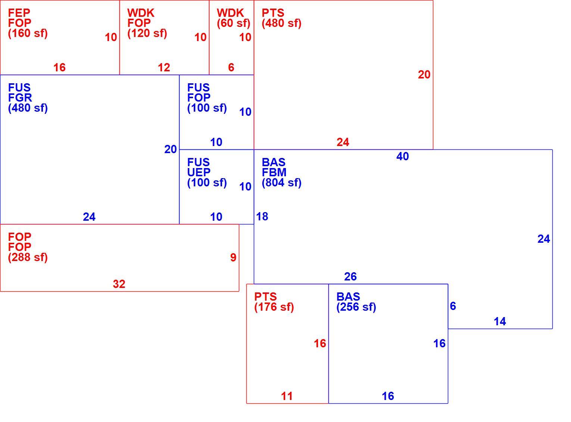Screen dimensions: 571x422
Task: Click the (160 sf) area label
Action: point(28,33)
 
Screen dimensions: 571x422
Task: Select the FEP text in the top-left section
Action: point(19,13)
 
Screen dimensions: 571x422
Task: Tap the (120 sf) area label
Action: point(147,33)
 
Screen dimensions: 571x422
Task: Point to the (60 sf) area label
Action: point(234,23)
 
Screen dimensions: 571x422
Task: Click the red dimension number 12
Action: point(164,68)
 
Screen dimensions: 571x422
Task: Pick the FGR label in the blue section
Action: point(20,97)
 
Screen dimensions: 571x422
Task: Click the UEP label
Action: point(199,173)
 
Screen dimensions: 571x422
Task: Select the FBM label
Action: point(274,173)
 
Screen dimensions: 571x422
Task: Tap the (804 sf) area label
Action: point(281,183)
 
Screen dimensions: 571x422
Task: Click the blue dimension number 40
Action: point(402,156)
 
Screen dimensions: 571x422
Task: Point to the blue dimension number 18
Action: point(262,216)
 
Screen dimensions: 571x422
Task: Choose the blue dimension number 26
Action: point(350,277)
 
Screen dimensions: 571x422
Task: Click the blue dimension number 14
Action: point(500,322)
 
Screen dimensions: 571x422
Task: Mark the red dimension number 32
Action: point(119,284)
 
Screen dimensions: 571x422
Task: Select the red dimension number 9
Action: point(233,257)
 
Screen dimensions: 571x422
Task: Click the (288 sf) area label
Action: point(28,257)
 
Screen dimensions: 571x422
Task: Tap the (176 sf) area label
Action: point(274,307)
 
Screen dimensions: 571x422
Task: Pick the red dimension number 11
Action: point(287,396)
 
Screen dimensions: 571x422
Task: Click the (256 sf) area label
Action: point(356,307)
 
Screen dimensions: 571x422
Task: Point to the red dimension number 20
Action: point(424,75)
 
